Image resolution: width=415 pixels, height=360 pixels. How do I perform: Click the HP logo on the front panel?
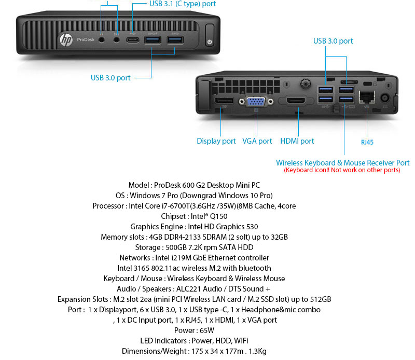pos(66,39)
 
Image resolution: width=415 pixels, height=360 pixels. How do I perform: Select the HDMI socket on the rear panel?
pos(298,101)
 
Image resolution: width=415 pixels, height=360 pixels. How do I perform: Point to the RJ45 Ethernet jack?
pos(367,97)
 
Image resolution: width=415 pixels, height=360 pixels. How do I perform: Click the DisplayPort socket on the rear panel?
pos(224,100)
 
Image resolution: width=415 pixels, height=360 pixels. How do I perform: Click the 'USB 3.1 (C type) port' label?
pos(183,4)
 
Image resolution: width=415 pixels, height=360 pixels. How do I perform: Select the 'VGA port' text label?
pos(257,141)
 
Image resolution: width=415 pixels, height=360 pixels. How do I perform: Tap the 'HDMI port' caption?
pos(297,141)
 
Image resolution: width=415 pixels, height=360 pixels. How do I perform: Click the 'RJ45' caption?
pos(367,142)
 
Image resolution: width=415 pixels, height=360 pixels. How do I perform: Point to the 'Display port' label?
pos(216,141)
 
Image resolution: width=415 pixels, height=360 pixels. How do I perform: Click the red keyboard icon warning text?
pos(342,170)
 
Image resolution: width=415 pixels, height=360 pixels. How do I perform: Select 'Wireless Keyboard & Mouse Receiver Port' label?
pos(342,163)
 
